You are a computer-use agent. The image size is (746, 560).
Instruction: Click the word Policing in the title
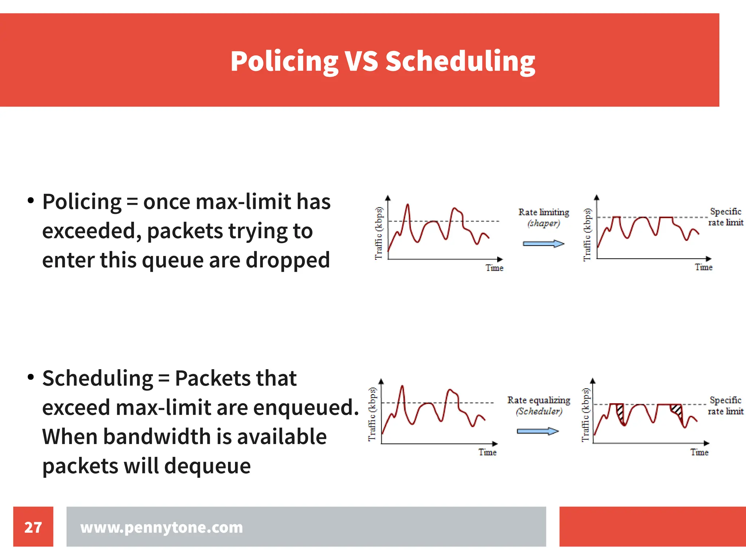284,61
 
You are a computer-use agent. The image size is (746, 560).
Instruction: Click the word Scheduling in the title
460,61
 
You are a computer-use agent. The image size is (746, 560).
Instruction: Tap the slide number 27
33,527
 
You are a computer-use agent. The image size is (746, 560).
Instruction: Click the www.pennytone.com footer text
161,527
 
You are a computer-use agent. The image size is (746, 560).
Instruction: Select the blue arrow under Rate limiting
543,243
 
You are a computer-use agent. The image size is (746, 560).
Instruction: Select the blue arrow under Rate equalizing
538,431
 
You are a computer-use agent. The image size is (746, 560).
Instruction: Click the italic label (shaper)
543,223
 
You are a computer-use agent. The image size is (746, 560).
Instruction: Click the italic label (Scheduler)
539,411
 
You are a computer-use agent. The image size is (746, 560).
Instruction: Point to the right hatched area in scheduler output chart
677,410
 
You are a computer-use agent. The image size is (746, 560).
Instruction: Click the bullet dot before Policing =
31,200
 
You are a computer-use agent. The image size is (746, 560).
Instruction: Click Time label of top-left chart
494,268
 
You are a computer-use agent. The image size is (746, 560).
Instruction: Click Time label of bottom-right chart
699,452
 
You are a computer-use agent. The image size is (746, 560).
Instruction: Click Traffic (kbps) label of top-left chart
379,233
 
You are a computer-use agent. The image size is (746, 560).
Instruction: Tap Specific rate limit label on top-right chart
725,217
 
